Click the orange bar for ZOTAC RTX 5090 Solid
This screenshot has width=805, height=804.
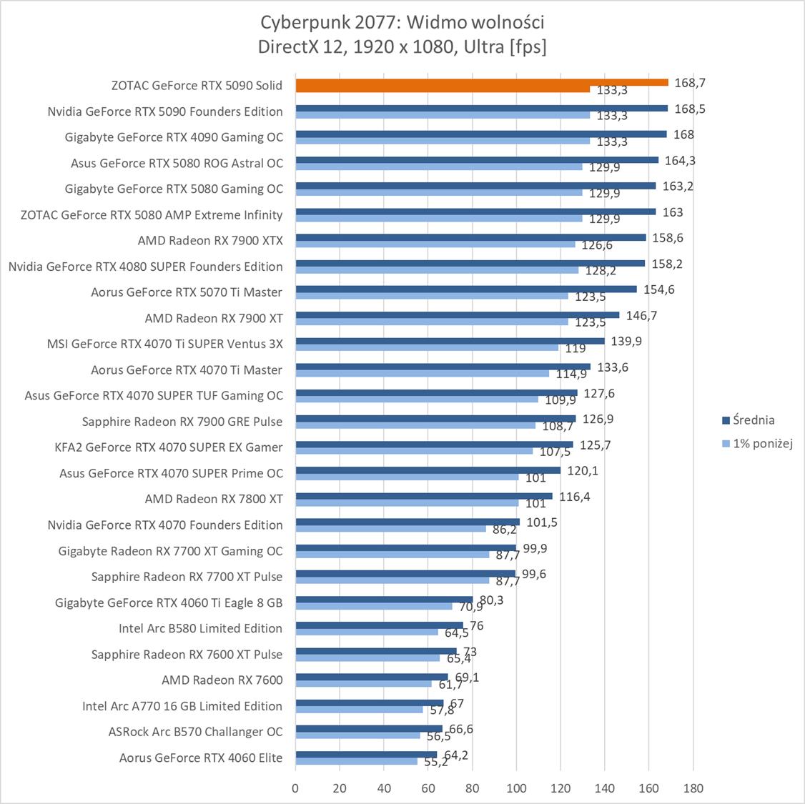pos(481,82)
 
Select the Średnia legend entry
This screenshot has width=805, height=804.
pos(748,420)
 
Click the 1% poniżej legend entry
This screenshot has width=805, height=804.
pos(758,443)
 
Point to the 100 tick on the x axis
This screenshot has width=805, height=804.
pos(516,788)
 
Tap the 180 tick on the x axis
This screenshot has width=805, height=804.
pos(693,788)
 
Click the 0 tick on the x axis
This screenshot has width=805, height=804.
pos(295,788)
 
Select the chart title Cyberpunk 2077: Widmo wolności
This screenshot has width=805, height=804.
pos(402,23)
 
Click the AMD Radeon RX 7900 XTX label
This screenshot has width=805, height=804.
pos(210,241)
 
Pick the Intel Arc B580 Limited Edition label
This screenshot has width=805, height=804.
pos(200,628)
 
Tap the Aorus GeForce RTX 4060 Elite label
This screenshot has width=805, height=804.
pos(200,758)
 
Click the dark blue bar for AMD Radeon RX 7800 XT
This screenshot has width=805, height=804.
pos(423,496)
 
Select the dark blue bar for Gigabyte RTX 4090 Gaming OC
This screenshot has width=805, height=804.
pos(480,134)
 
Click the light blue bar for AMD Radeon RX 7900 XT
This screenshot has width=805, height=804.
pos(431,322)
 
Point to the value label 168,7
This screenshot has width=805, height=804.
pos(689,83)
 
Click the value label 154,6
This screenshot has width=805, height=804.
pos(658,289)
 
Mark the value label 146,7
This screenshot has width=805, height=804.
pos(641,315)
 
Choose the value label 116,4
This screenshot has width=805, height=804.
pos(574,497)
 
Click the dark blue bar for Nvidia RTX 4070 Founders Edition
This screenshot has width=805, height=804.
pos(408,522)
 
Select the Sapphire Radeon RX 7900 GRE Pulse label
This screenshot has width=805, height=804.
pos(182,422)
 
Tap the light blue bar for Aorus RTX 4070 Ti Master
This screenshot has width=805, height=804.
pos(422,373)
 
